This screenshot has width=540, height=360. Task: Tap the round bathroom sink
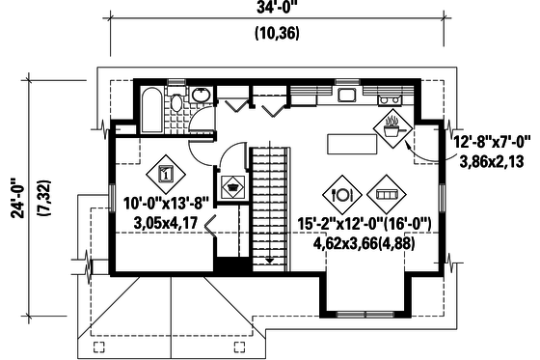pos(200,96)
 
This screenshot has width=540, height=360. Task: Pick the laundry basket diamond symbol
pos(232,187)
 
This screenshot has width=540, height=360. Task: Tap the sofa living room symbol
pos(384,193)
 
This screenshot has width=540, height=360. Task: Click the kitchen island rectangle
pos(351,143)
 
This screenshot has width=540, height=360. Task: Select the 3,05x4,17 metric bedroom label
pos(169,223)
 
